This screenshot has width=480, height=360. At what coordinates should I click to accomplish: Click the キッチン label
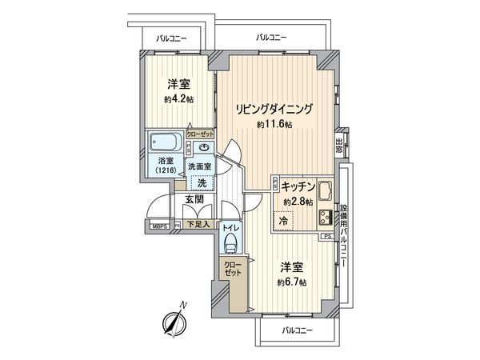295,185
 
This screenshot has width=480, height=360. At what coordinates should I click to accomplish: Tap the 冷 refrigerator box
283,220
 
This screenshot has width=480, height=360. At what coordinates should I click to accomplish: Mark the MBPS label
160,226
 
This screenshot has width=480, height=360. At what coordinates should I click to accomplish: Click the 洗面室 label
198,166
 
